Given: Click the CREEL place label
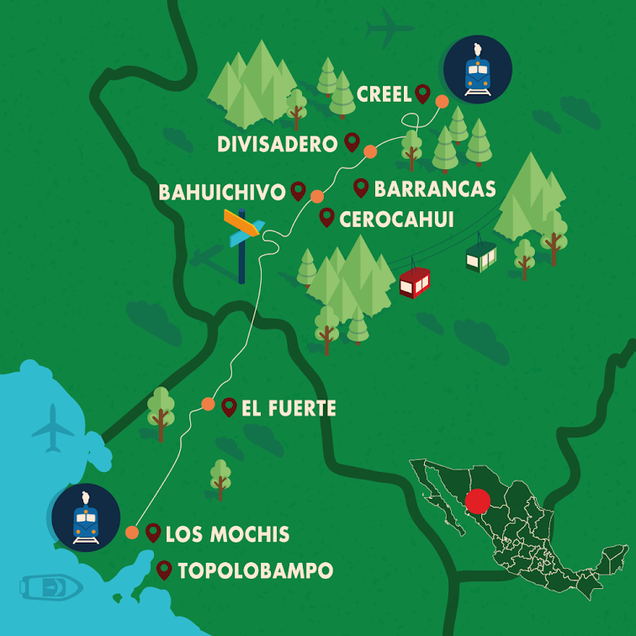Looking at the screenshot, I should click(x=384, y=93).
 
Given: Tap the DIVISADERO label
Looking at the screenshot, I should click(x=277, y=144).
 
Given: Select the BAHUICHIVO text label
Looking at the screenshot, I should click(x=222, y=193).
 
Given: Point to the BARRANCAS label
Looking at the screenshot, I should click(x=434, y=188).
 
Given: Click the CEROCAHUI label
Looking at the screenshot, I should click(x=396, y=220).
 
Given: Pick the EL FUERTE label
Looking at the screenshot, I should click(x=289, y=409).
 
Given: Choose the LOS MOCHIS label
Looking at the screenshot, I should click(x=227, y=534).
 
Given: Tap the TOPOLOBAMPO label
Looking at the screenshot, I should click(x=255, y=571).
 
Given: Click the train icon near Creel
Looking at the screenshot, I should click(x=478, y=70).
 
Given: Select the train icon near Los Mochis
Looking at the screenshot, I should click(x=86, y=517).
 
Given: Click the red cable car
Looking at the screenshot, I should click(x=415, y=282).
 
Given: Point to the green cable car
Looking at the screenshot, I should click(x=481, y=256).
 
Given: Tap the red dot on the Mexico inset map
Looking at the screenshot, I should click(x=477, y=502).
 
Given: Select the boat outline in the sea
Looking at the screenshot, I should click(x=48, y=586).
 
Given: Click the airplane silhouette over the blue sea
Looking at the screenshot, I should click(x=52, y=428).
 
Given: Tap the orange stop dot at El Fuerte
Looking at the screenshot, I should click(x=208, y=404).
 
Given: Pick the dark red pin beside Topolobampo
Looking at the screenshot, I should click(x=164, y=570).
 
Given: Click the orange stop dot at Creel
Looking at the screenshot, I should click(x=442, y=102).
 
